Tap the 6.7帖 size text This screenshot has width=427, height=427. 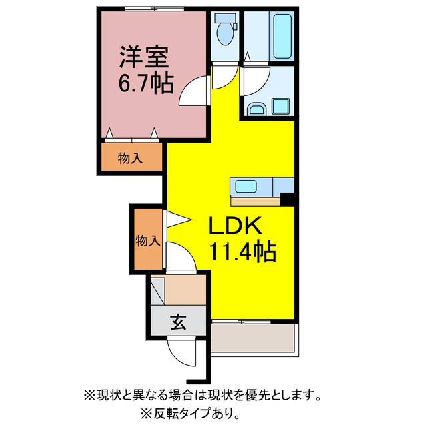click(146, 83)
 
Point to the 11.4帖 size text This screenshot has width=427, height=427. click(243, 252)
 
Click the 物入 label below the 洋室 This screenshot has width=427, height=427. click(131, 159)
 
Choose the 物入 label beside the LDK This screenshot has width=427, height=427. click(147, 239)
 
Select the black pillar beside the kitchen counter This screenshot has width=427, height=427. click(288, 199)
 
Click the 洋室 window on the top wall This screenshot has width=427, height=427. click(147, 9)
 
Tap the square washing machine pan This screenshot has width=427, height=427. click(280, 105)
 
